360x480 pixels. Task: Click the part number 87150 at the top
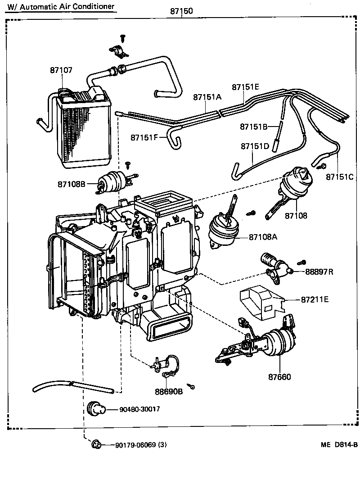(181, 11)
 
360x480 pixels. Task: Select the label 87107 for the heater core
(61, 70)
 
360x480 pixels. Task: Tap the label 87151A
(207, 97)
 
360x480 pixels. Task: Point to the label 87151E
(246, 87)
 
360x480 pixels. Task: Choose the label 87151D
(255, 146)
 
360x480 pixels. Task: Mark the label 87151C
(340, 177)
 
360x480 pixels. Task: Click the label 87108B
(71, 184)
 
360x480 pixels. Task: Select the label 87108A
(263, 237)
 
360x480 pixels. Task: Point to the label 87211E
(315, 299)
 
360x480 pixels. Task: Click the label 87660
(279, 376)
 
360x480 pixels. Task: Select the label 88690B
(169, 391)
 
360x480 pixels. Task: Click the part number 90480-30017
(140, 409)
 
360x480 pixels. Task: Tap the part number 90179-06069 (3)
(141, 445)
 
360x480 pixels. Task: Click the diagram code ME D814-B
(339, 445)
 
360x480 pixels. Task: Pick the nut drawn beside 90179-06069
(95, 445)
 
